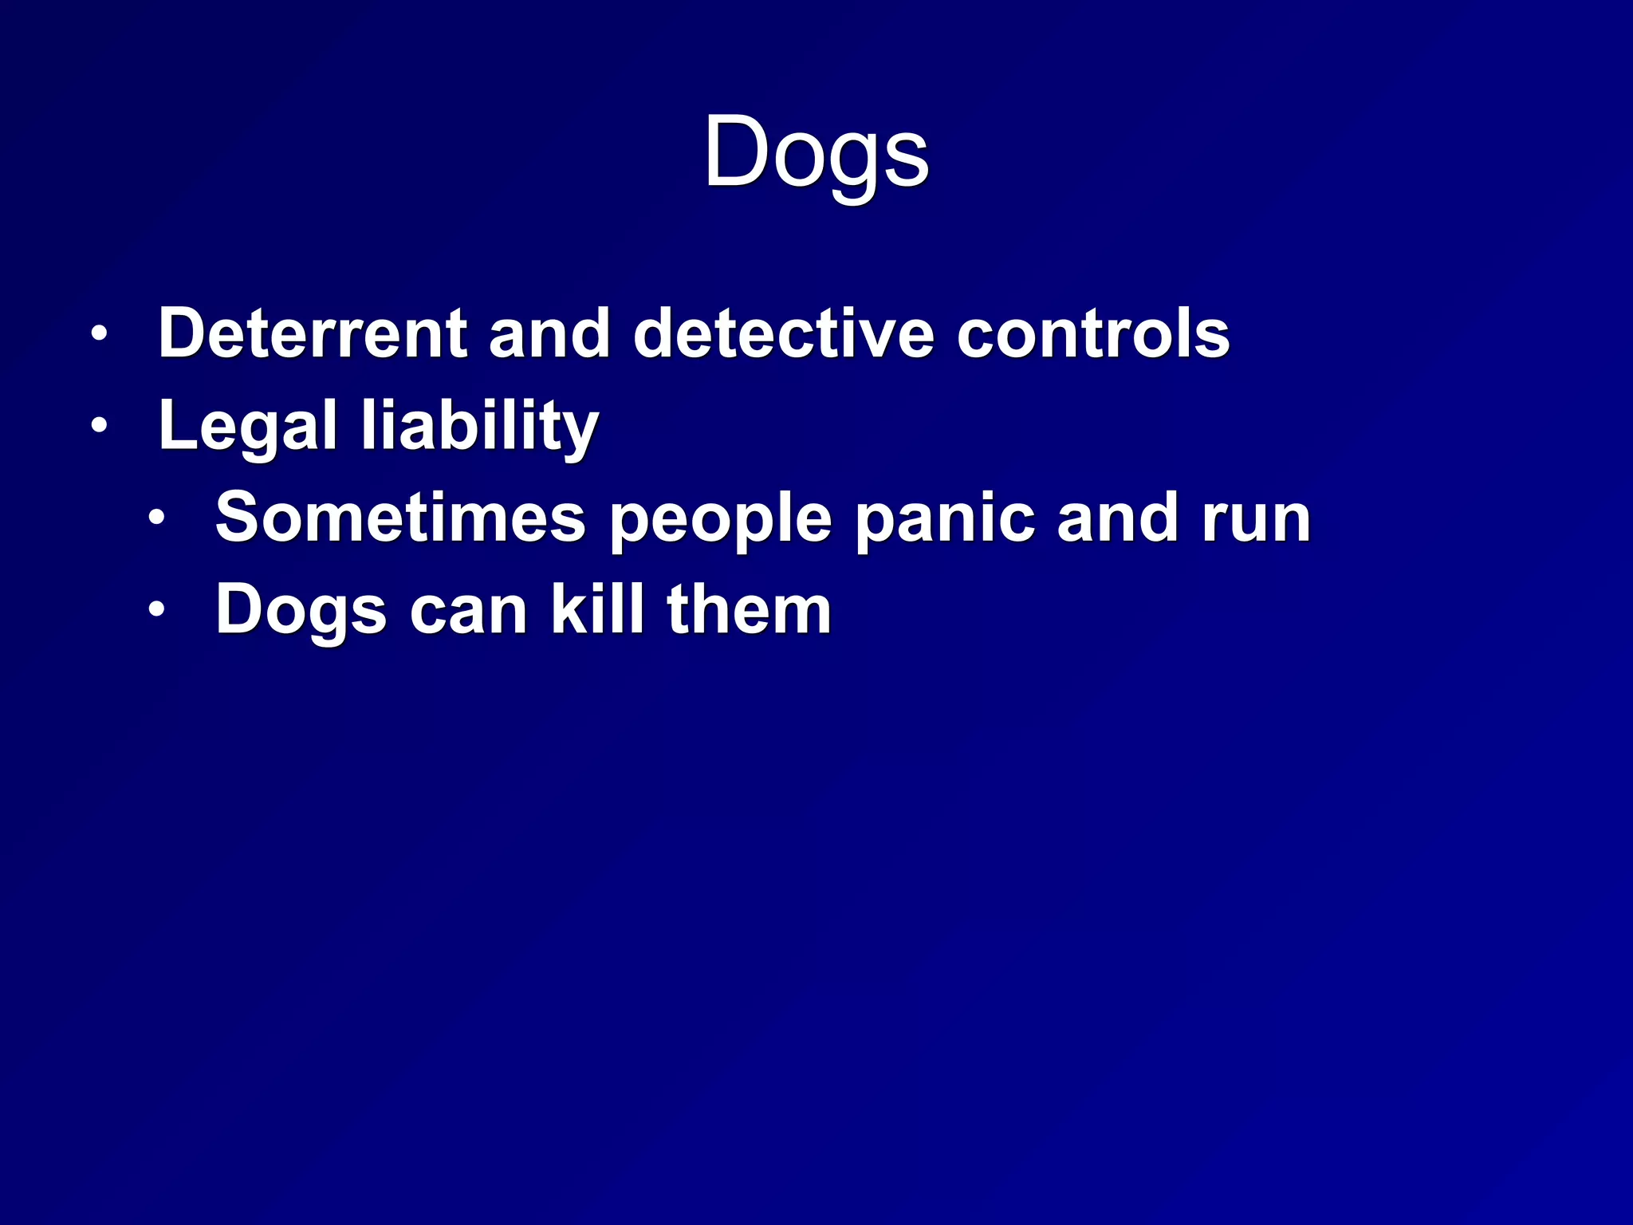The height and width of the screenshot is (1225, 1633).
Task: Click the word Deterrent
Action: tap(312, 333)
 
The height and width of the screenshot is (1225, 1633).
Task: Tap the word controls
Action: tap(1092, 333)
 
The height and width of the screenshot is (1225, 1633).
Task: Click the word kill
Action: tap(597, 610)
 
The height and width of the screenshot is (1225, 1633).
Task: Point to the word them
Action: tap(749, 610)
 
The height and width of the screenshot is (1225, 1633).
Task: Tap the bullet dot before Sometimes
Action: tap(156, 519)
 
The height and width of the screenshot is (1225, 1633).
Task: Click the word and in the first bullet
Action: tap(549, 333)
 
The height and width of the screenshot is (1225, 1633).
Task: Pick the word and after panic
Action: tap(1117, 518)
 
